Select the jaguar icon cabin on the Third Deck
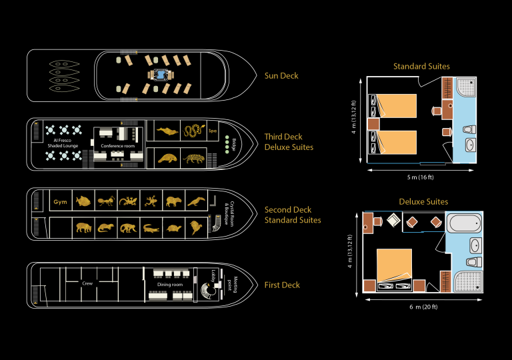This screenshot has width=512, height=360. point(194,159)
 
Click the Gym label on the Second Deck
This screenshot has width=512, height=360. point(61,201)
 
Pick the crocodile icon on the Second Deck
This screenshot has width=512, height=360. point(151,228)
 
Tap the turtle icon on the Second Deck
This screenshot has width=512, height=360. point(174,228)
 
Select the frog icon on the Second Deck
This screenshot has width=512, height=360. point(151,199)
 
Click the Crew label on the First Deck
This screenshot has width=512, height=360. point(87,283)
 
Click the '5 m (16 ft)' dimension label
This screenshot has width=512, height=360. point(421,177)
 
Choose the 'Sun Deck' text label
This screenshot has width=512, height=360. point(281,76)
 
